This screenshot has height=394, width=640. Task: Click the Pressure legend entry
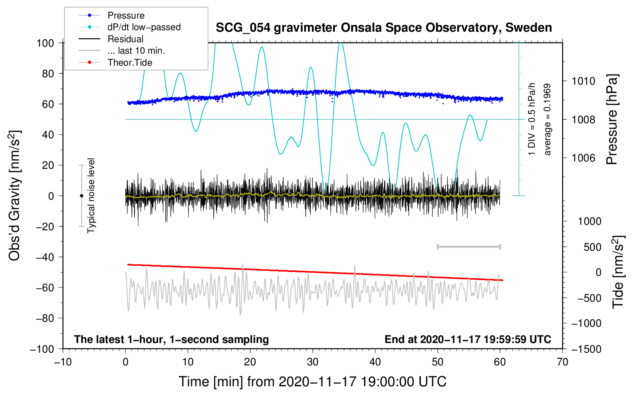coord(111,15)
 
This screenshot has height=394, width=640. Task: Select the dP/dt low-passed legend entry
coord(130,27)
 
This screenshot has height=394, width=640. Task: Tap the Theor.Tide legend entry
coord(115,63)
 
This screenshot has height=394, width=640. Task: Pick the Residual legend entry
coord(111,39)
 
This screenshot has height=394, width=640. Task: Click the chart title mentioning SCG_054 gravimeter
coord(384,28)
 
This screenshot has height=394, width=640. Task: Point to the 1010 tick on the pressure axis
coord(583,81)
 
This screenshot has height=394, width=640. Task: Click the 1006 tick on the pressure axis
coord(583,158)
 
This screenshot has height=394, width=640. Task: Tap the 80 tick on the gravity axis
coord(48,74)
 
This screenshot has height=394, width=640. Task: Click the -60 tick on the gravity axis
coord(45,288)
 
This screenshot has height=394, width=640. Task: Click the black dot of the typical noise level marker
coord(81,196)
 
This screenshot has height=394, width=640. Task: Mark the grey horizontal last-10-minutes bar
coord(468,246)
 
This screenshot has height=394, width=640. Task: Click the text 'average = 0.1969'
coord(547,120)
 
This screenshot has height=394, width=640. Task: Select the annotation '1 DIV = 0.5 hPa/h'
coord(531,119)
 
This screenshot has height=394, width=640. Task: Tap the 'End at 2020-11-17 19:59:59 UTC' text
coord(468,339)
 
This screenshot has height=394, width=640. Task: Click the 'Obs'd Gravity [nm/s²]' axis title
coord(15,195)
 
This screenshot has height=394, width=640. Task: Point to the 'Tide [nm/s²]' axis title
coord(618,272)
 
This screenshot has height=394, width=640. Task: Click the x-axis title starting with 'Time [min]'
coord(313,382)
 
